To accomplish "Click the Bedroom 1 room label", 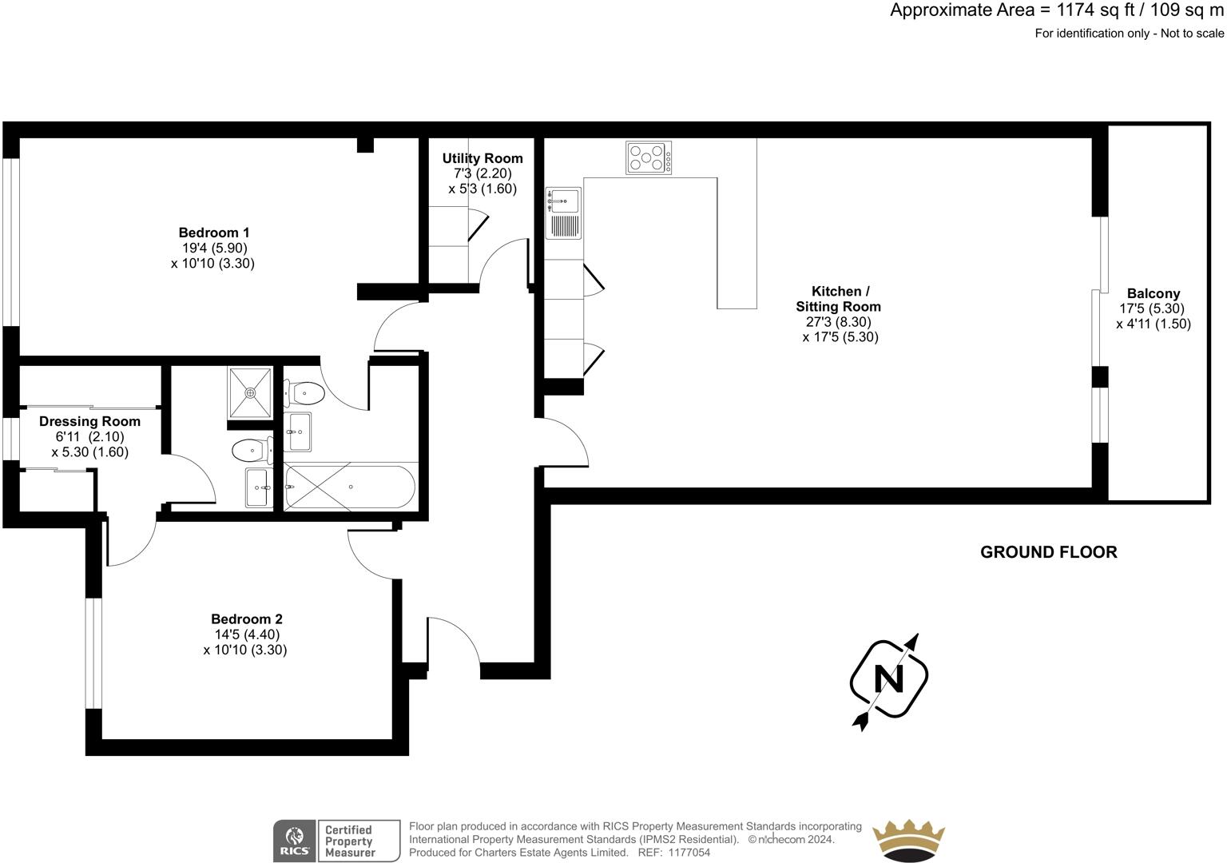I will coord(213,233).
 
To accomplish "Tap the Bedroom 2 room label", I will coord(246,618).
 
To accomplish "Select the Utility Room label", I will coord(482,158).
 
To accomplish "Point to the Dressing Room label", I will coord(89,421).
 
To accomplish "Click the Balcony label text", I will coord(1153,293).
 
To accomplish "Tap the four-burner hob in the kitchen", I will coord(649,157).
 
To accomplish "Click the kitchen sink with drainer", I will coord(563,213).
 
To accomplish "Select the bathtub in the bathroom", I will coord(350,487).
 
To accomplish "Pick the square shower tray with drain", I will coord(250,392).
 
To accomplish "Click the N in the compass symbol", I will coord(888,679).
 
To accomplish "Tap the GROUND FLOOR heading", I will coord(1048,552).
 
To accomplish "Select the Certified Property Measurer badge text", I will coord(350,841).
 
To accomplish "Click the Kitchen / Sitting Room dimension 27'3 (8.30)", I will coord(838,322).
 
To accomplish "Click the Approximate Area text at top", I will coord(1056,11).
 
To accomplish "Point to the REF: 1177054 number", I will coord(673,853).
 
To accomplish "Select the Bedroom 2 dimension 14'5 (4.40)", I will coord(246,634).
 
